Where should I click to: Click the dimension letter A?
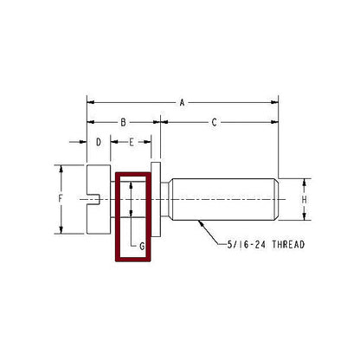click(183, 102)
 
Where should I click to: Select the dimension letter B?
click(123, 122)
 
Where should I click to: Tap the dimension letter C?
click(214, 122)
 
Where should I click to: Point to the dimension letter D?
click(99, 141)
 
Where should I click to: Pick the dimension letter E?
click(131, 141)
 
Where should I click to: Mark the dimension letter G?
click(140, 245)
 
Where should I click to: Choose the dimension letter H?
click(304, 199)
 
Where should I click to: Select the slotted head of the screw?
click(100, 198)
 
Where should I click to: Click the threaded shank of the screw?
click(225, 199)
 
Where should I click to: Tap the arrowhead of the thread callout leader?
click(200, 222)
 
